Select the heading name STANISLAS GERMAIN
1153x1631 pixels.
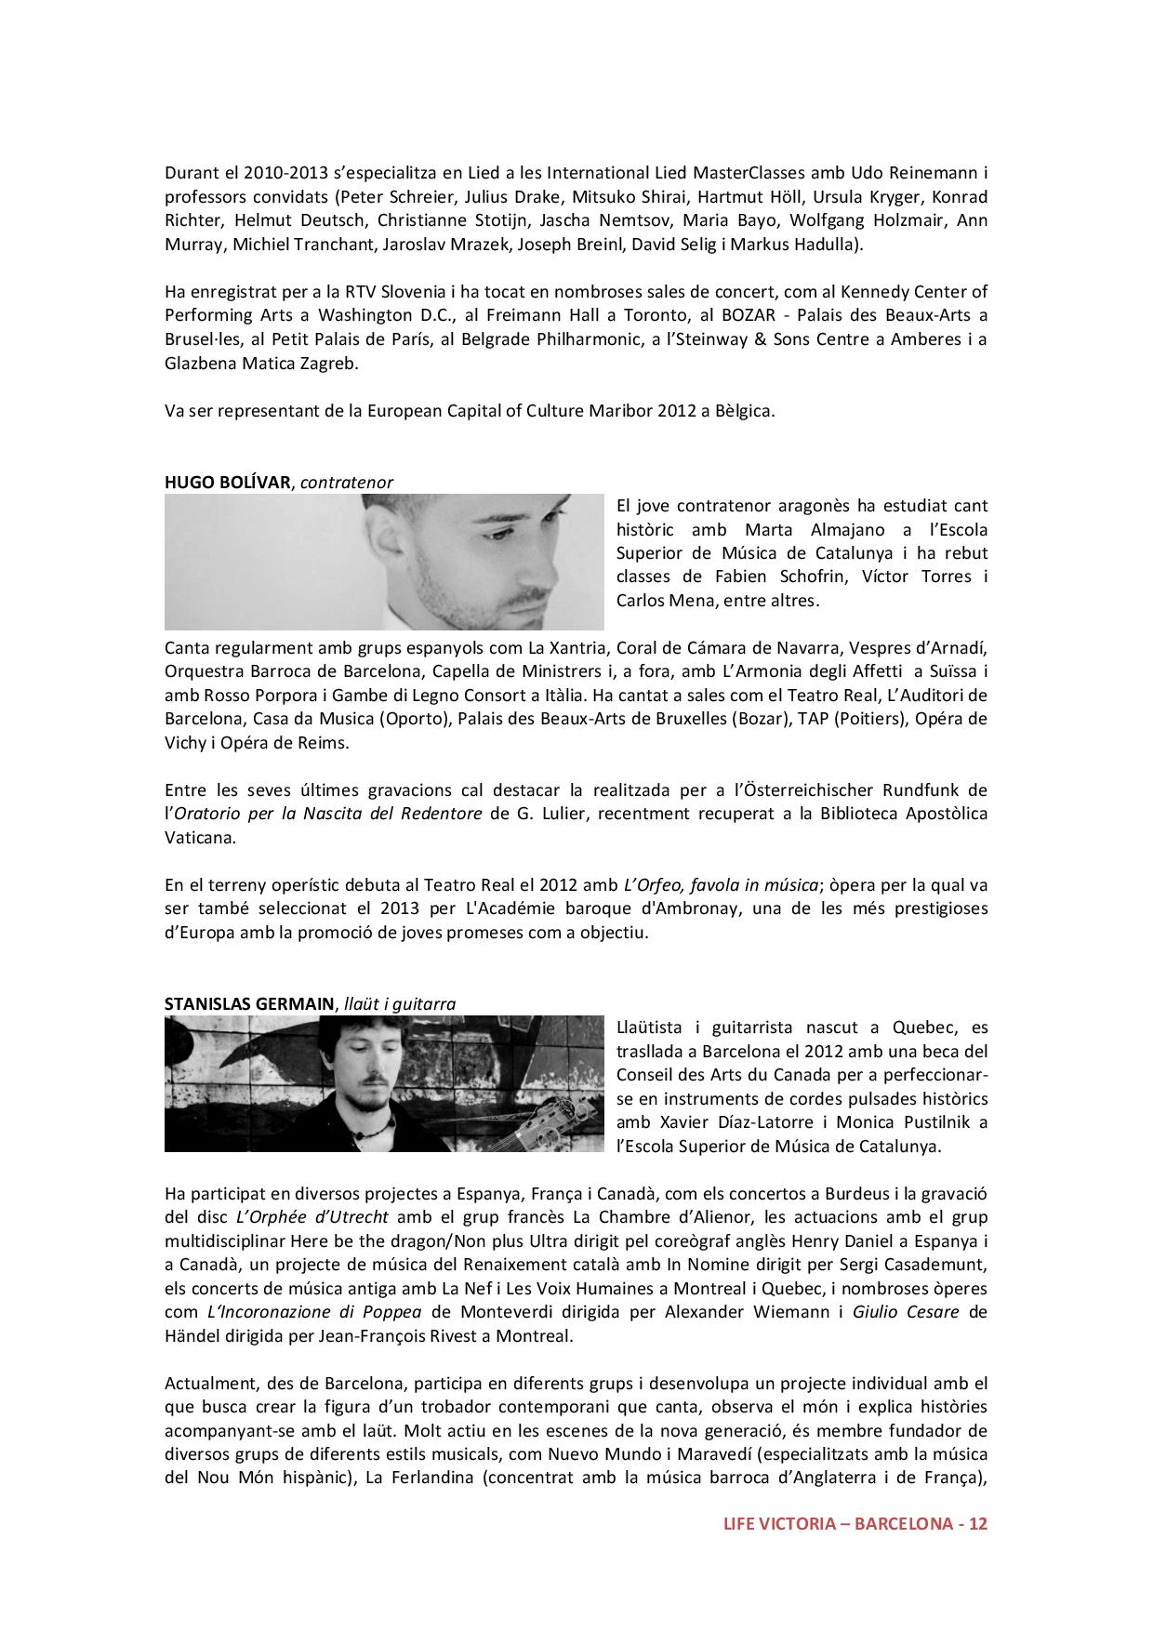249,1004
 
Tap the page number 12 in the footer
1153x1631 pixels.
977,1524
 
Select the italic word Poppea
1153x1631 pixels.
388,1312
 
